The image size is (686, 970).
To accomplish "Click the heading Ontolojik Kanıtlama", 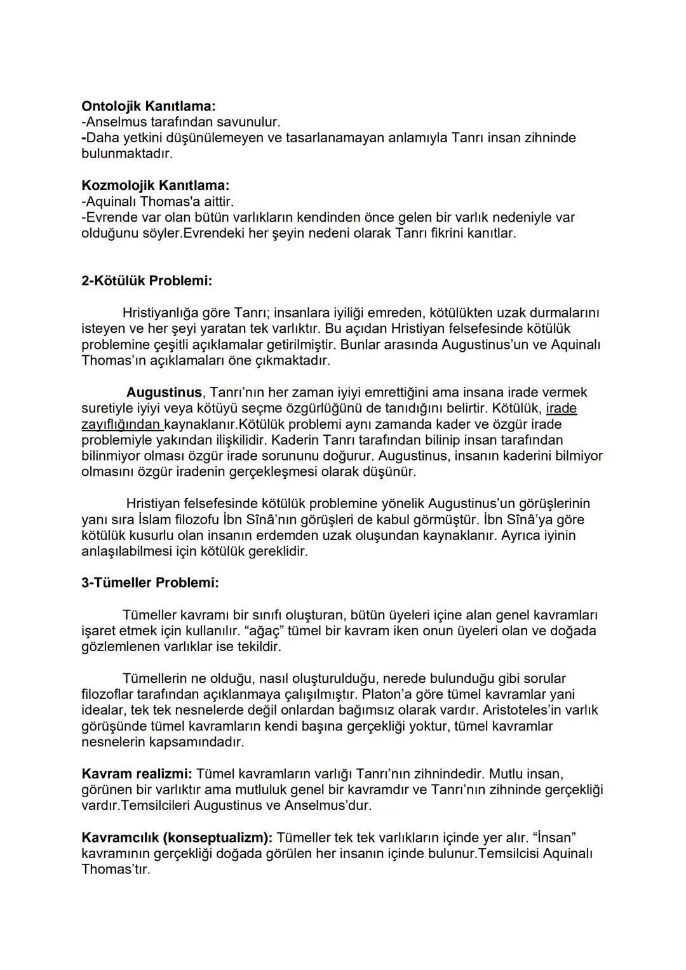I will (149, 106).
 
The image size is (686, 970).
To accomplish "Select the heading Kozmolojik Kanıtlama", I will (155, 185).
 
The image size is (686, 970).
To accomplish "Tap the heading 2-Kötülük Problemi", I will (147, 281).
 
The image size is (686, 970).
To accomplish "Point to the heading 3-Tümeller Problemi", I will (150, 583).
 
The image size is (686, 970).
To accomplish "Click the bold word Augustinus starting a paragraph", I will (164, 392).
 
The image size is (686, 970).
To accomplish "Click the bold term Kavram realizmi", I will (137, 774).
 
